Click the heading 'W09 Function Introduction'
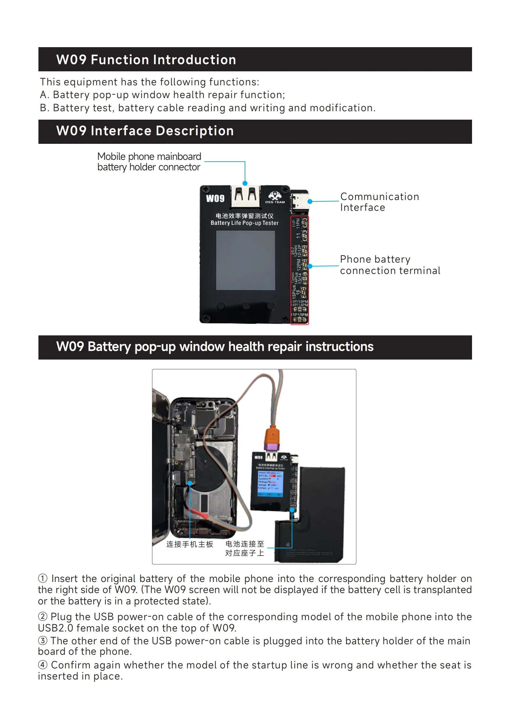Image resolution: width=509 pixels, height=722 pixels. [146, 60]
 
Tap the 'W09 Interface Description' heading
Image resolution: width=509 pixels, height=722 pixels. [145, 131]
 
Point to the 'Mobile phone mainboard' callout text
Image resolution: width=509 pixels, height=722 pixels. [149, 156]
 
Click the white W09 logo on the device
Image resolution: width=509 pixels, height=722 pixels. [215, 199]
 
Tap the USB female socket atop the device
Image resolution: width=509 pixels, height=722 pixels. [245, 197]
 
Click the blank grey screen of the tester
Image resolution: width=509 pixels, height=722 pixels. [245, 260]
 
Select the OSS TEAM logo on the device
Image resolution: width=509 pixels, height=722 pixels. [275, 197]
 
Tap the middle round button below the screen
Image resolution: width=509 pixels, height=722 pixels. [246, 306]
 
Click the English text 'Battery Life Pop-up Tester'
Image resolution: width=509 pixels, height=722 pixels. [244, 223]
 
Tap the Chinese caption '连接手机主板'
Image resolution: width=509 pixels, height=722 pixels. [190, 544]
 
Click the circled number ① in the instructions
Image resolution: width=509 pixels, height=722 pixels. [43, 578]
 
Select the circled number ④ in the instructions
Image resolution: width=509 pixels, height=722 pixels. [43, 665]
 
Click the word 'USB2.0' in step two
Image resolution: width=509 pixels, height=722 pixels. [55, 628]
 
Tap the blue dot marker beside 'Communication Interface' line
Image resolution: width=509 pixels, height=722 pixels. [310, 201]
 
